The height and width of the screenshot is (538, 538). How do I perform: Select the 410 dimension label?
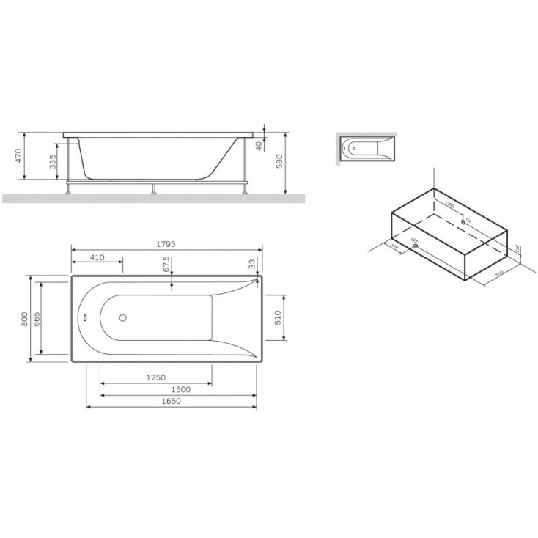click(x=96, y=257)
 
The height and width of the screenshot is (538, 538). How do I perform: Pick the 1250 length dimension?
click(x=157, y=377)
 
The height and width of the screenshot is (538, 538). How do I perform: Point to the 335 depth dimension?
click(x=53, y=161)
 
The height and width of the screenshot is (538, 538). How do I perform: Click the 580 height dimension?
click(x=280, y=161)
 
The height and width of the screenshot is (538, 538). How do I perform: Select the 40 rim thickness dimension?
click(x=259, y=145)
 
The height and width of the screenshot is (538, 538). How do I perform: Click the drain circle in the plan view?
click(x=122, y=319)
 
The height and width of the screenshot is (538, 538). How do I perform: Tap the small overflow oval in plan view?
click(x=85, y=319)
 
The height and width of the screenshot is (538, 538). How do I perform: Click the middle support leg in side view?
click(x=153, y=188)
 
